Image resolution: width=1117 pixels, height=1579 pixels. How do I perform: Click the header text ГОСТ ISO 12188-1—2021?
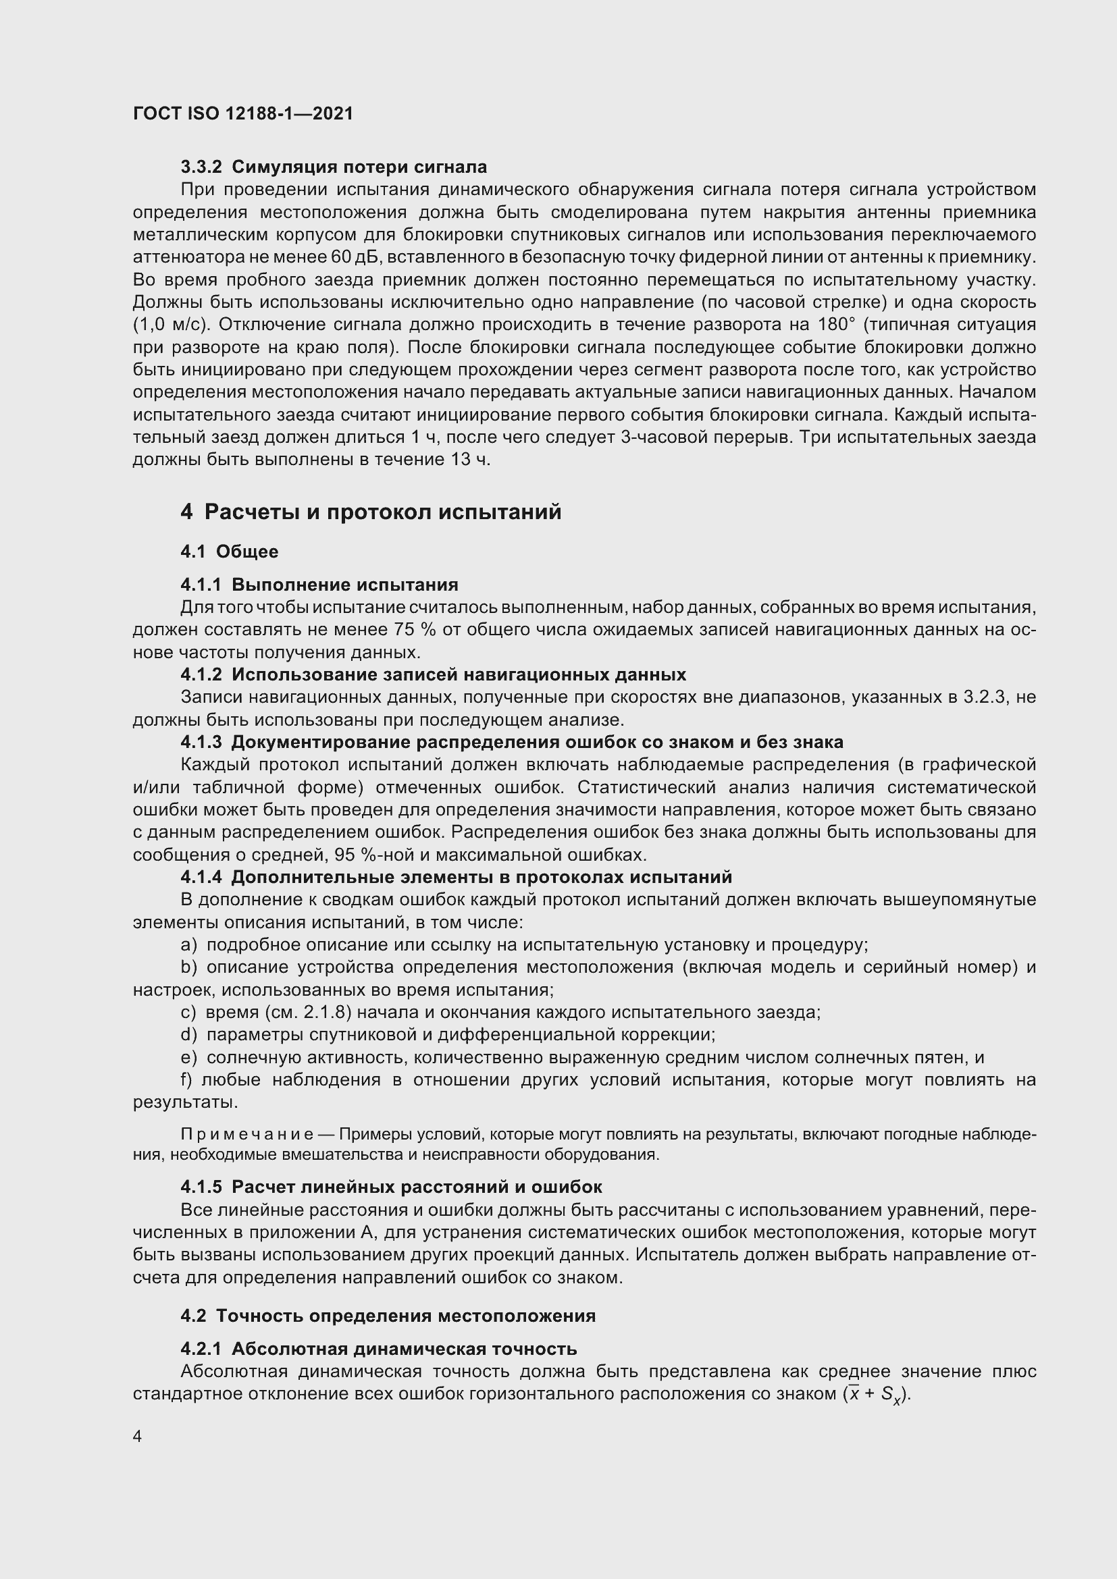(243, 113)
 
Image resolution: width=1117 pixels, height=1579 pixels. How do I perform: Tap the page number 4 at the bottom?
(138, 1436)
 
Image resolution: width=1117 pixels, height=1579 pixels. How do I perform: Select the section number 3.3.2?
(201, 167)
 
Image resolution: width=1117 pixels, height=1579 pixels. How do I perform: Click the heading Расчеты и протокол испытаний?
(382, 512)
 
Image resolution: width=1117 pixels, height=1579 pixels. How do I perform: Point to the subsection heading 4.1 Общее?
(229, 552)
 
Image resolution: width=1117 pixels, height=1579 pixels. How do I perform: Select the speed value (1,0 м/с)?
(171, 325)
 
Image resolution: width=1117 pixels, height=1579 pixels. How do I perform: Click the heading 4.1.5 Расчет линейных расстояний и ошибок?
(392, 1187)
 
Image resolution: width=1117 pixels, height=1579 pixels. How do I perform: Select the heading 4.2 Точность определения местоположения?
(388, 1316)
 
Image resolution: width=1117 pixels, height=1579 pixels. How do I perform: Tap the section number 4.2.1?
(201, 1349)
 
